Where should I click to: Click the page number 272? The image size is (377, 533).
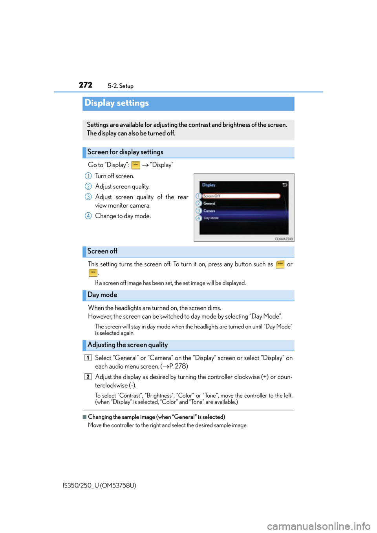pos(86,85)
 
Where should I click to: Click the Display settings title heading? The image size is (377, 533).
pos(117,103)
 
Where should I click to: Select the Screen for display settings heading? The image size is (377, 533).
pos(125,152)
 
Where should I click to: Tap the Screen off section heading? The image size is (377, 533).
pos(102,251)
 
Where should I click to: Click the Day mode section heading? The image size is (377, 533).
pos(102,295)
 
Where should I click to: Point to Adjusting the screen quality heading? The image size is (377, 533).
pos(128,345)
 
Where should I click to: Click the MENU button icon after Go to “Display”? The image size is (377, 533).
pos(135,165)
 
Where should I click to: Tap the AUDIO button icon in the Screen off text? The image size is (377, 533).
pos(280,265)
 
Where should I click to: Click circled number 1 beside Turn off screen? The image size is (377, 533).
pos(88,176)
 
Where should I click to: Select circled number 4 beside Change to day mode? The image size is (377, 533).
pos(88,216)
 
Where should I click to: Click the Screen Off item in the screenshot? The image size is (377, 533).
pos(242,196)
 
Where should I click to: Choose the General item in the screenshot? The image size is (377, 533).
pos(209,203)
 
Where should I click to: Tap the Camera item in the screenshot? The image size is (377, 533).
pos(209,211)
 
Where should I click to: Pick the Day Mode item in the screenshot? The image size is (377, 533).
pos(211,218)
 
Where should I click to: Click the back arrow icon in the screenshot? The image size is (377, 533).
pos(285,185)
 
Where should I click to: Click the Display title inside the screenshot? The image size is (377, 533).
pos(209,185)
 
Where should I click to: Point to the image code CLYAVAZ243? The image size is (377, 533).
pos(284,239)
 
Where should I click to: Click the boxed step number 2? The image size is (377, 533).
pos(88,377)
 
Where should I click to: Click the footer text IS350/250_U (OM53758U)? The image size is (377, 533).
pos(99,486)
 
